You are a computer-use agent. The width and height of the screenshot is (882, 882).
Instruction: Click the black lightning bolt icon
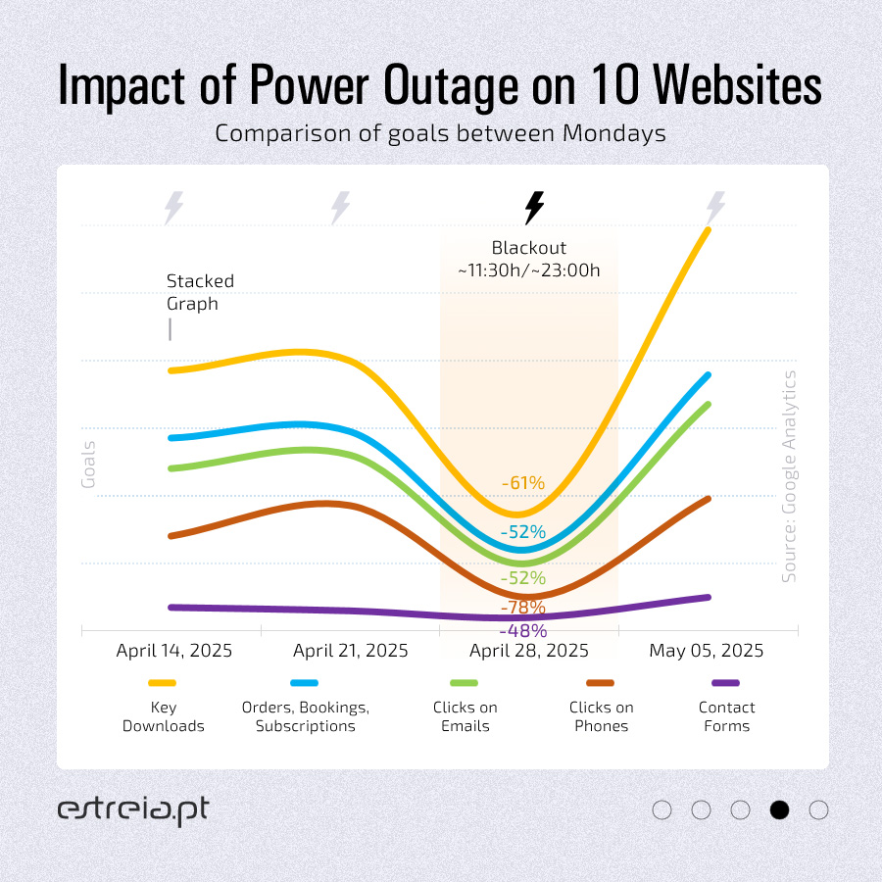pyautogui.click(x=534, y=207)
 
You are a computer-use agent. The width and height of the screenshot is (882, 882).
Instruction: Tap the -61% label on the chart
pyautogui.click(x=522, y=483)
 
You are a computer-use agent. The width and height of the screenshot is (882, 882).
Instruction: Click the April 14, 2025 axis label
pyautogui.click(x=174, y=651)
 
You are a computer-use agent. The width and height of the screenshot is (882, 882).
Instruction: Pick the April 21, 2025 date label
pyautogui.click(x=351, y=651)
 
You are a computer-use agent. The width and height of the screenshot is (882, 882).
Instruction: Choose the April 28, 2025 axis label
pyautogui.click(x=529, y=651)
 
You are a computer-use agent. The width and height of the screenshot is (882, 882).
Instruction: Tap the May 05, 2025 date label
pyautogui.click(x=706, y=651)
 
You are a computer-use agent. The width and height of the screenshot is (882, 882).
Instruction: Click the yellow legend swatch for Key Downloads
pyautogui.click(x=162, y=683)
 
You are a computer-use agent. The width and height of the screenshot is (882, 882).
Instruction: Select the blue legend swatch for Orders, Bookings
pyautogui.click(x=305, y=683)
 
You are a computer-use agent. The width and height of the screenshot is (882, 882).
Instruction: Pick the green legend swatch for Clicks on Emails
pyautogui.click(x=465, y=683)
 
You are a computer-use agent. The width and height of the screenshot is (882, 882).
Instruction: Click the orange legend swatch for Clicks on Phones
pyautogui.click(x=600, y=683)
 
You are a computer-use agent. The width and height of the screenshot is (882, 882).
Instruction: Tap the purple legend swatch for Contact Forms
pyautogui.click(x=725, y=683)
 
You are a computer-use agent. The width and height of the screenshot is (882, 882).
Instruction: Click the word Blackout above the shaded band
pyautogui.click(x=529, y=249)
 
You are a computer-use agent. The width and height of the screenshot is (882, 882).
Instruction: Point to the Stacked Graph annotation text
pyautogui.click(x=200, y=292)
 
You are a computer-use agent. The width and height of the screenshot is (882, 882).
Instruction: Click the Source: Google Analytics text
pyautogui.click(x=789, y=476)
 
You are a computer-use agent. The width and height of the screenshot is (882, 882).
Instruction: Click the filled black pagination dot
pyautogui.click(x=780, y=810)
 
